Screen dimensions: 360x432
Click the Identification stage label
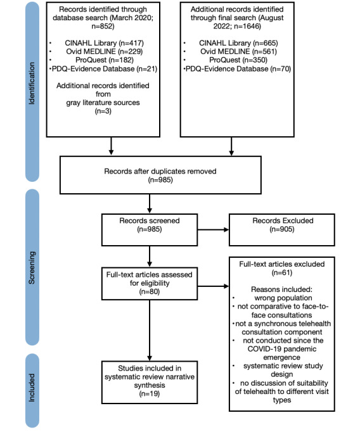click(x=32, y=84)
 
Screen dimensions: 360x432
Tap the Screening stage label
click(x=32, y=267)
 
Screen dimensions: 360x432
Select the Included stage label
click(x=32, y=388)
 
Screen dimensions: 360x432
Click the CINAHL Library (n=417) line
click(x=104, y=43)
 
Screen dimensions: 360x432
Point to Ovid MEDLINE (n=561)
click(x=238, y=51)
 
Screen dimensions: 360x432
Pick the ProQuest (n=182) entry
click(x=105, y=60)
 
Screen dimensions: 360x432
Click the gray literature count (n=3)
click(x=103, y=111)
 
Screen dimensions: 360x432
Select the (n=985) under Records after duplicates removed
click(x=160, y=180)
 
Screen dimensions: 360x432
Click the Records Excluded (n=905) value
click(x=282, y=229)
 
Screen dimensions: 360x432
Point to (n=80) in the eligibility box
click(x=150, y=291)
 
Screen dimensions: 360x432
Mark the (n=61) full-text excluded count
click(x=282, y=273)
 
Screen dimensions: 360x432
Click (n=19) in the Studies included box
click(x=150, y=394)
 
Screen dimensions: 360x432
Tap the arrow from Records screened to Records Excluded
click(x=213, y=229)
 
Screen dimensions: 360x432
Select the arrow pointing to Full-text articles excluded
click(x=213, y=286)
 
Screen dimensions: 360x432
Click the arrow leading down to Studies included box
click(x=150, y=331)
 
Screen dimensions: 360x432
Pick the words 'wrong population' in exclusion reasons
click(x=283, y=298)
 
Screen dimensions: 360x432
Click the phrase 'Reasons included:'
click(x=281, y=289)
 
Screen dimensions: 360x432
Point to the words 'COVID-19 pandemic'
click(x=281, y=349)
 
